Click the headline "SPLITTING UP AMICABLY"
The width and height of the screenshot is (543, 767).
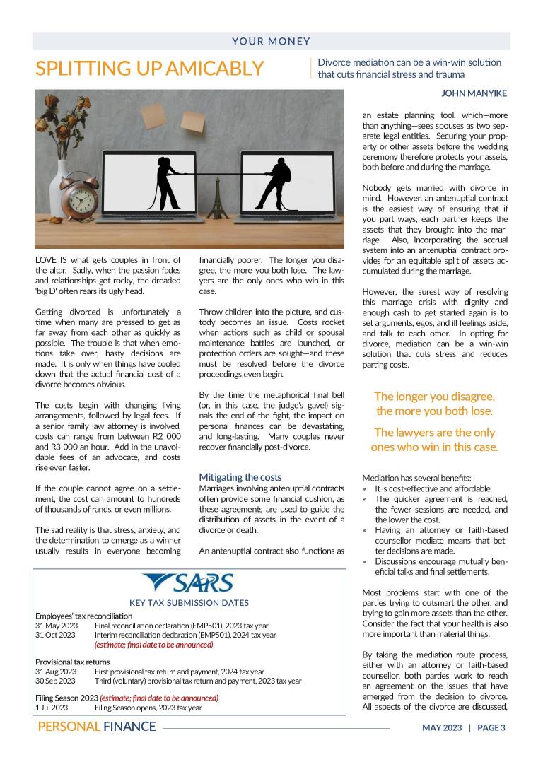click(150, 69)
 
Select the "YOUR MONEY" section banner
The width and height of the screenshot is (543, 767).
click(271, 42)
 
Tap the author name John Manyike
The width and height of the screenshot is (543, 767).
click(474, 93)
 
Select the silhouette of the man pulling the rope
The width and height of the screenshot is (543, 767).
click(275, 180)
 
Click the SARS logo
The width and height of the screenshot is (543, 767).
click(189, 582)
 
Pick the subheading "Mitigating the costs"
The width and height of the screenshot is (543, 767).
click(240, 477)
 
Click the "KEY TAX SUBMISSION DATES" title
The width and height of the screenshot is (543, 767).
click(189, 603)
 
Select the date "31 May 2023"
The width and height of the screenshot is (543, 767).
click(55, 626)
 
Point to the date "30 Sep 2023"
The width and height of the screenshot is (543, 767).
click(56, 681)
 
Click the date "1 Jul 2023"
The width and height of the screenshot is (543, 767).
click(52, 708)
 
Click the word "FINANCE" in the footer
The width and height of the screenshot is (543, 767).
click(129, 727)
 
